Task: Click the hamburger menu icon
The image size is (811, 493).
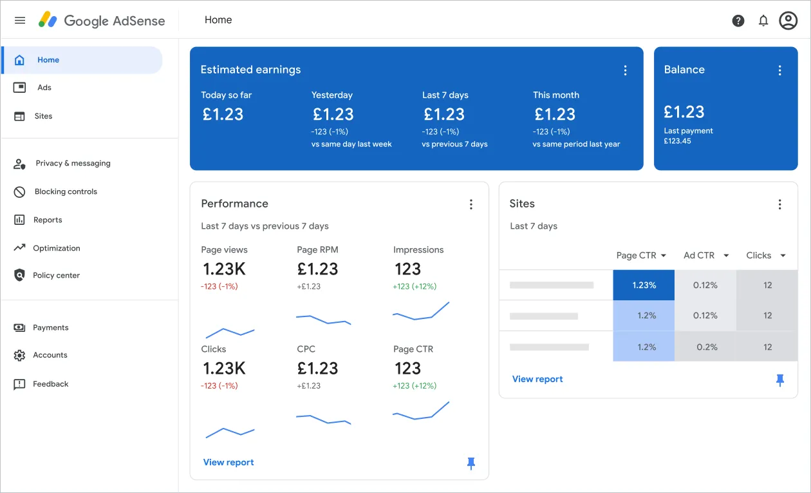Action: pos(20,20)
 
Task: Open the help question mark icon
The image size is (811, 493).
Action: pos(738,21)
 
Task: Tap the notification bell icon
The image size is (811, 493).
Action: pos(763,21)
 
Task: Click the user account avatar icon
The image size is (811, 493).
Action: pos(788,21)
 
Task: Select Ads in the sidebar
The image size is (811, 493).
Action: pos(44,88)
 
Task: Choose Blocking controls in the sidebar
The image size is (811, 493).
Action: pos(66,191)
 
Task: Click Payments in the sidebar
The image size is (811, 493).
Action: pos(50,327)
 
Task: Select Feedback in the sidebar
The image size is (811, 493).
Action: pos(50,384)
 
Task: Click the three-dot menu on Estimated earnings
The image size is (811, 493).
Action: pos(625,70)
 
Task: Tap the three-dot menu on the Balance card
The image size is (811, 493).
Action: pos(779,70)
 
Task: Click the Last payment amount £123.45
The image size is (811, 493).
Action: pos(677,141)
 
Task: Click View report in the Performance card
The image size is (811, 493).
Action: pos(228,462)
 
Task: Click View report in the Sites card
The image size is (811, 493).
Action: pos(537,379)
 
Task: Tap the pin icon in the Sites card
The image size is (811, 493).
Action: pos(779,380)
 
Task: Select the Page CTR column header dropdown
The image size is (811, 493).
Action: pos(641,255)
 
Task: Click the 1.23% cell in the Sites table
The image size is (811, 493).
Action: pos(644,285)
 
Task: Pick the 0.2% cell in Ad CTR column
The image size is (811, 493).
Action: pos(706,347)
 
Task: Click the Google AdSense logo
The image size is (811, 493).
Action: pos(102,20)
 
